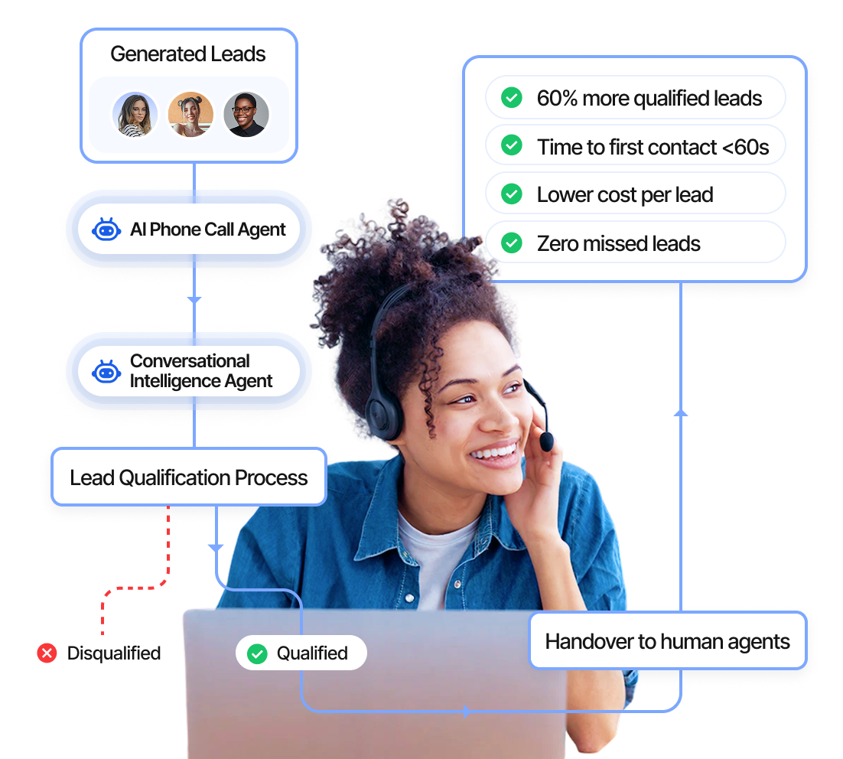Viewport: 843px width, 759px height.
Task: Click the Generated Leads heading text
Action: tap(188, 54)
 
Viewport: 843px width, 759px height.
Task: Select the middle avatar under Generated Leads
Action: tap(190, 115)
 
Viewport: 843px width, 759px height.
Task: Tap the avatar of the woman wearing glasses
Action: tap(246, 115)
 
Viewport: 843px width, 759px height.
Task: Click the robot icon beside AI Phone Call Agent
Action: tap(106, 230)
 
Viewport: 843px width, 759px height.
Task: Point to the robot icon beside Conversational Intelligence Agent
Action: tap(106, 371)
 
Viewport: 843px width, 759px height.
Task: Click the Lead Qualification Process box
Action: tap(188, 478)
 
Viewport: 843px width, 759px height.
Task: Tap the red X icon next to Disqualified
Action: tap(47, 653)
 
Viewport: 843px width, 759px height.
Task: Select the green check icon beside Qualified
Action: tap(257, 653)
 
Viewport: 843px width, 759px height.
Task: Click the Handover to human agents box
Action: tap(667, 641)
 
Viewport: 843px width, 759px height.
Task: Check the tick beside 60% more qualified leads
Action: tap(511, 98)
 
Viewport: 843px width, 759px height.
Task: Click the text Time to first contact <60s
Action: tap(653, 147)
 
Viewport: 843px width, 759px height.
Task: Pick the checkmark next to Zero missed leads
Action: tap(511, 244)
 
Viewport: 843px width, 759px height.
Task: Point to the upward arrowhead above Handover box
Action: tap(680, 412)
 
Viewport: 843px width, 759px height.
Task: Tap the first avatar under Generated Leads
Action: tap(135, 115)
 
